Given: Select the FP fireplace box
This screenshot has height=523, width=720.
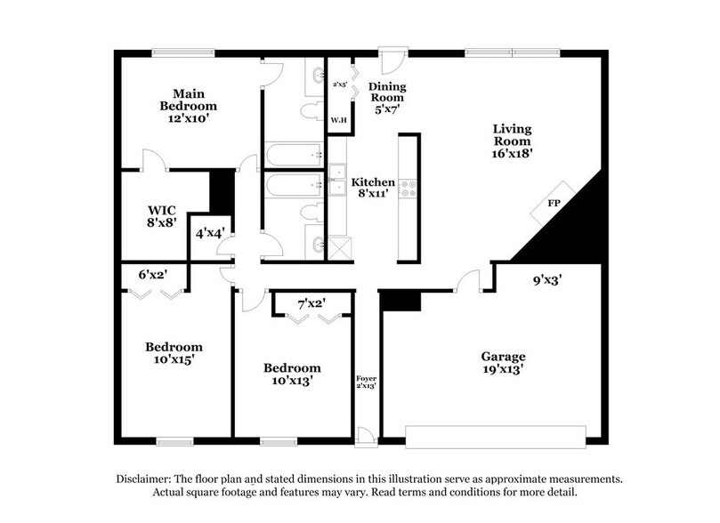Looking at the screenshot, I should (x=553, y=205).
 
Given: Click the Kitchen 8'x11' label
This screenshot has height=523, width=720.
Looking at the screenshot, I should (x=373, y=187).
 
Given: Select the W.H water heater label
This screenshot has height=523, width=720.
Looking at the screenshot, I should (x=338, y=119).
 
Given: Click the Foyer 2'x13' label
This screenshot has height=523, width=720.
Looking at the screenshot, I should (x=366, y=382).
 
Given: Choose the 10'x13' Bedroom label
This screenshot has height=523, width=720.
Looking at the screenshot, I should (x=291, y=374).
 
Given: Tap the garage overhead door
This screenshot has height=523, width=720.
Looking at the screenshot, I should (x=496, y=434).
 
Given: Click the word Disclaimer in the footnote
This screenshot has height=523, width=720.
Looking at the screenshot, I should (x=146, y=479).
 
